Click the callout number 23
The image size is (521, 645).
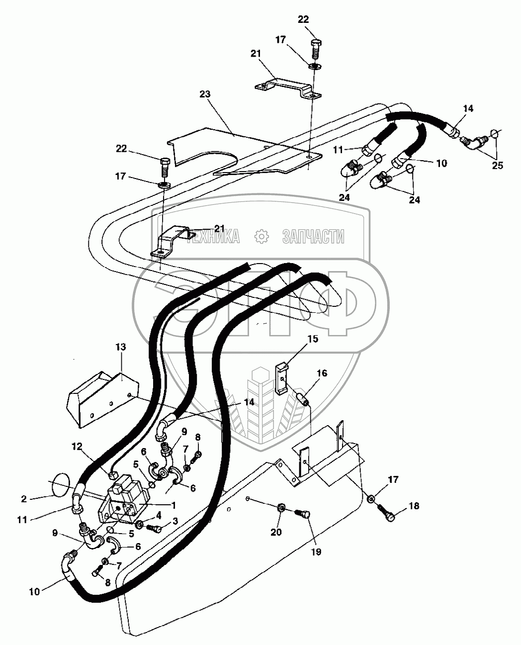[x=205, y=94]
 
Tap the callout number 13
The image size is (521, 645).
[x=120, y=347]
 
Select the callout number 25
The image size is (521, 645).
[x=498, y=165]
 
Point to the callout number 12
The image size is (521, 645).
[x=77, y=447]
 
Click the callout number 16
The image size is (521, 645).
[x=322, y=373]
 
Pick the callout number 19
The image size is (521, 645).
[x=316, y=552]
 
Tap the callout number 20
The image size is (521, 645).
[x=276, y=532]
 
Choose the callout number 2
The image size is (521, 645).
[x=24, y=499]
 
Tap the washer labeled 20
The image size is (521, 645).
[x=280, y=508]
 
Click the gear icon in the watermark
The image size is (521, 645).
[x=261, y=237]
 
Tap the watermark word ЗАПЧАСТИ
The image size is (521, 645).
[x=313, y=237]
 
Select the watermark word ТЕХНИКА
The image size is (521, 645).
[x=213, y=237]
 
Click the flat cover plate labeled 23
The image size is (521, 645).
[x=245, y=151]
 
